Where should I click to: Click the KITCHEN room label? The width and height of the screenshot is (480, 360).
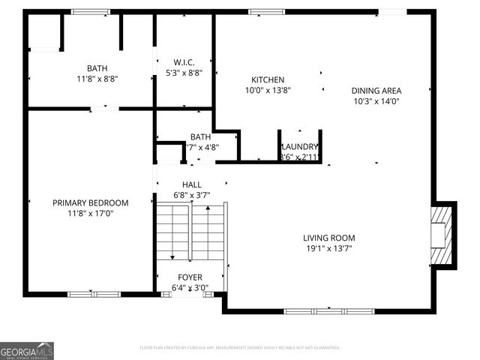point(268,80)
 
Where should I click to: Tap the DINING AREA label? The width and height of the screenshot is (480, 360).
point(376,91)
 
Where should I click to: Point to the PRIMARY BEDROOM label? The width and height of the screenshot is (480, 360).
point(90,202)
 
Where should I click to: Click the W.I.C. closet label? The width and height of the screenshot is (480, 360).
point(184,61)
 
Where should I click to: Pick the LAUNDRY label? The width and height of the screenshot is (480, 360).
point(300,147)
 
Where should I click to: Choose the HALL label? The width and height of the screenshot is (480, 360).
point(191,185)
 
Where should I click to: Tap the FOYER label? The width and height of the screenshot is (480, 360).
point(190,277)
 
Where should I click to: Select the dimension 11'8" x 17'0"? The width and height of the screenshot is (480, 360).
point(90,213)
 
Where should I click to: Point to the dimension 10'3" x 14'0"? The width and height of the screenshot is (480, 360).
point(376,101)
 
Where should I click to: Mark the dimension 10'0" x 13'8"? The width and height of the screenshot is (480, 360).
point(268,90)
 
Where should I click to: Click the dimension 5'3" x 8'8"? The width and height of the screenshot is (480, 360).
point(184,72)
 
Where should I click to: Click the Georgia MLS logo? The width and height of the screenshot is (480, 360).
point(27,350)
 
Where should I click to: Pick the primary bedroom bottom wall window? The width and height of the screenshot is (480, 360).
point(94,294)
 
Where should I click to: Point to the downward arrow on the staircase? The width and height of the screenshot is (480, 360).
point(172,253)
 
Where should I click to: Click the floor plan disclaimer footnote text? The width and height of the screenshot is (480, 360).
point(240,348)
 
